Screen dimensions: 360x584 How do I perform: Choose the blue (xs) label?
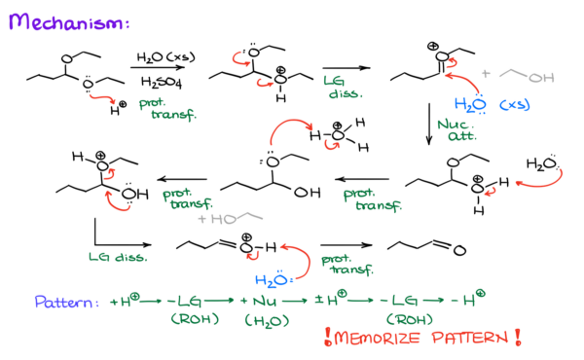pyautogui.click(x=514, y=104)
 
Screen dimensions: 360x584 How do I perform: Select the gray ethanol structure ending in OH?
pyautogui.click(x=526, y=75)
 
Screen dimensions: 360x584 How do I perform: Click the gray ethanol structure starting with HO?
pyautogui.click(x=234, y=219)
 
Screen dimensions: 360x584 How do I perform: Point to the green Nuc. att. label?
pyautogui.click(x=456, y=130)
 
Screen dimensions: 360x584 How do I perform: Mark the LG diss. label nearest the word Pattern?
pyautogui.click(x=117, y=257)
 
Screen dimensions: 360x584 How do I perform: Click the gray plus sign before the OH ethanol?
pyautogui.click(x=486, y=73)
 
